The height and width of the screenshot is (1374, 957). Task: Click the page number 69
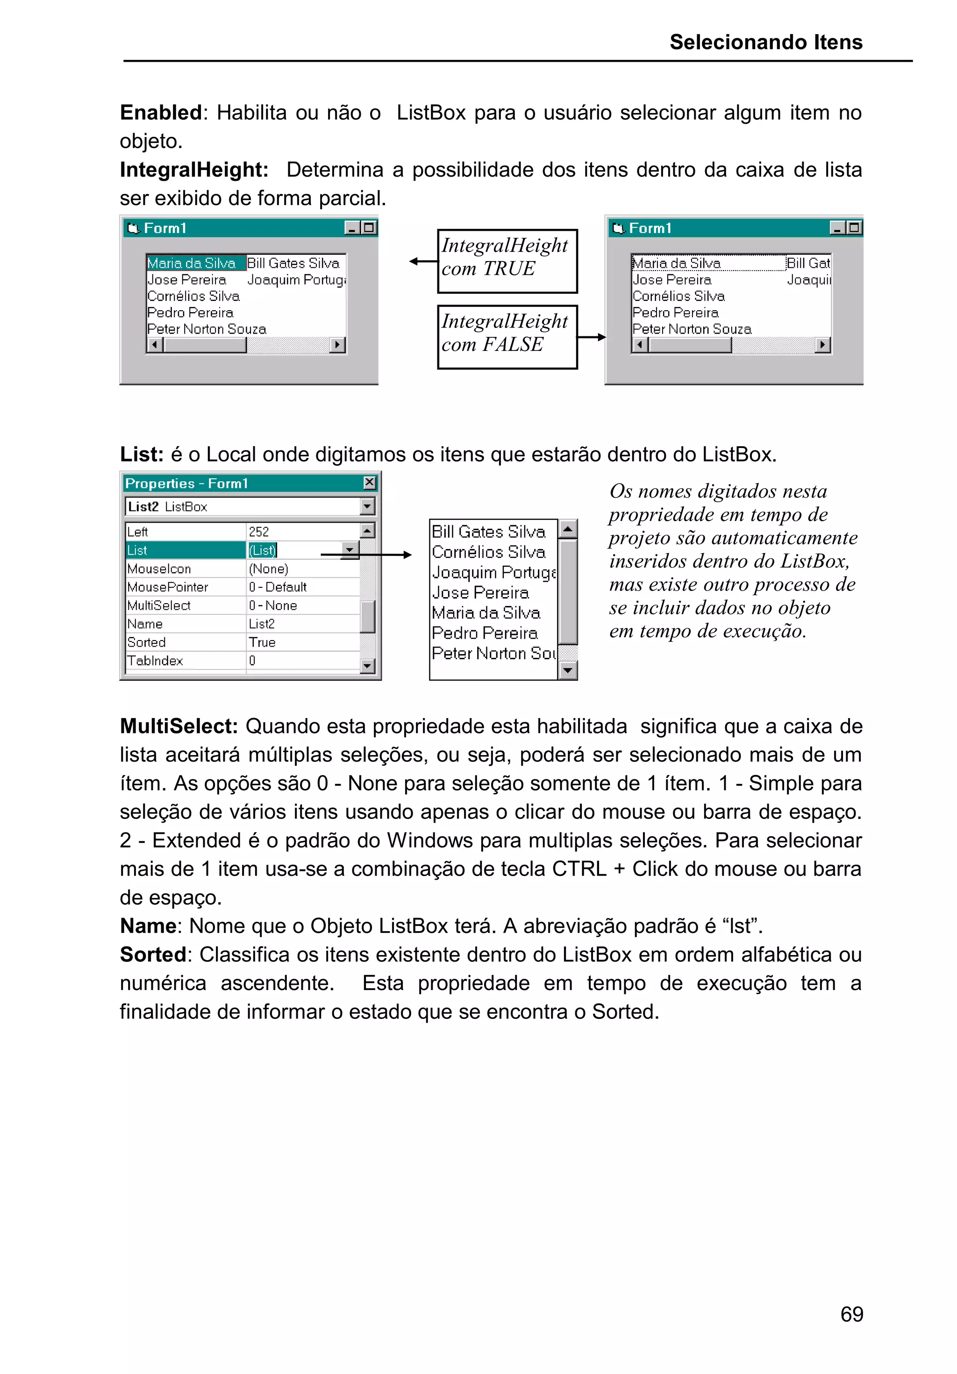click(851, 1314)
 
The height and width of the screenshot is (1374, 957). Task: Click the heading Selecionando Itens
click(765, 42)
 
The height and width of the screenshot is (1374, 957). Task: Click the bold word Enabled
click(160, 113)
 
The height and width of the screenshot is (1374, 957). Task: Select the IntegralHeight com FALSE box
click(507, 337)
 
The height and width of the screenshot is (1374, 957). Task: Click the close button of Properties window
click(369, 482)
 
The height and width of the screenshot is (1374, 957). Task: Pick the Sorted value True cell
click(262, 642)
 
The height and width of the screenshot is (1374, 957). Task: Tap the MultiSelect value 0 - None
click(273, 605)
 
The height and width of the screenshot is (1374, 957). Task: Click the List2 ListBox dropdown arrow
click(367, 506)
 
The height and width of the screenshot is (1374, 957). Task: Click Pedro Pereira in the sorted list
click(484, 633)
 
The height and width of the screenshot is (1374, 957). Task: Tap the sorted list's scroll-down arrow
click(567, 671)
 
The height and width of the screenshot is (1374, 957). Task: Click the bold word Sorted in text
click(153, 954)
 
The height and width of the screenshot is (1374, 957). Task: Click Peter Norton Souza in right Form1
click(691, 329)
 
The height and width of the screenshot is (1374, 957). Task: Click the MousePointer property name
click(168, 587)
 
